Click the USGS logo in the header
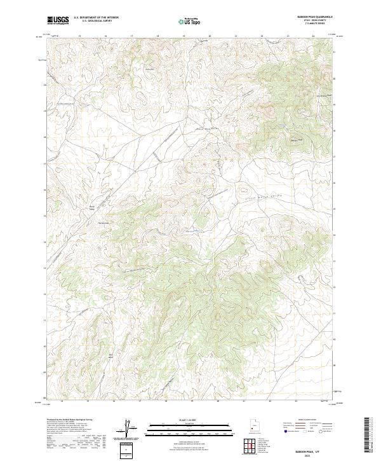tap(58, 20)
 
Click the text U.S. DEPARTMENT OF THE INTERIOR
tap(96, 18)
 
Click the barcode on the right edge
tap(370, 436)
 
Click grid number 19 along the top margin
tap(184, 37)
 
